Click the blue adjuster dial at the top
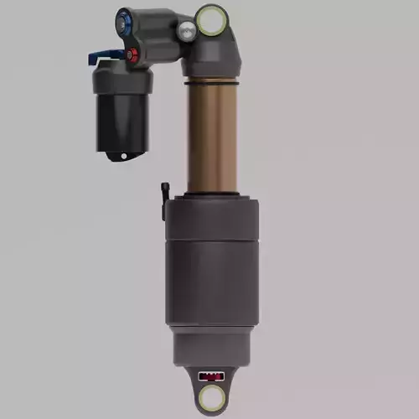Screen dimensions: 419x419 click(x=125, y=18)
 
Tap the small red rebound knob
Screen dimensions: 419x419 click(x=132, y=55)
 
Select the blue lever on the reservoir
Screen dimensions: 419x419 click(x=103, y=58)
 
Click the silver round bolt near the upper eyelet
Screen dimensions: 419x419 click(x=186, y=29)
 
